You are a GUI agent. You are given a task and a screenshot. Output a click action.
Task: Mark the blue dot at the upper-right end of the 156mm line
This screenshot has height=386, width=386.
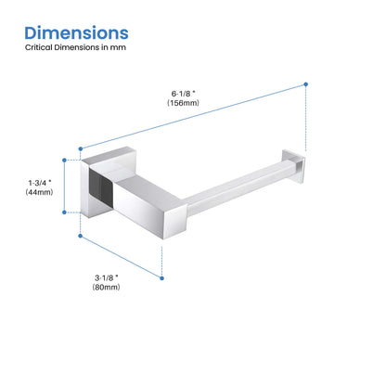[303, 84]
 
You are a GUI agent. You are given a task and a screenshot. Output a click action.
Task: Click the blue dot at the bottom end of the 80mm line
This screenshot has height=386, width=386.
[161, 277]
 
